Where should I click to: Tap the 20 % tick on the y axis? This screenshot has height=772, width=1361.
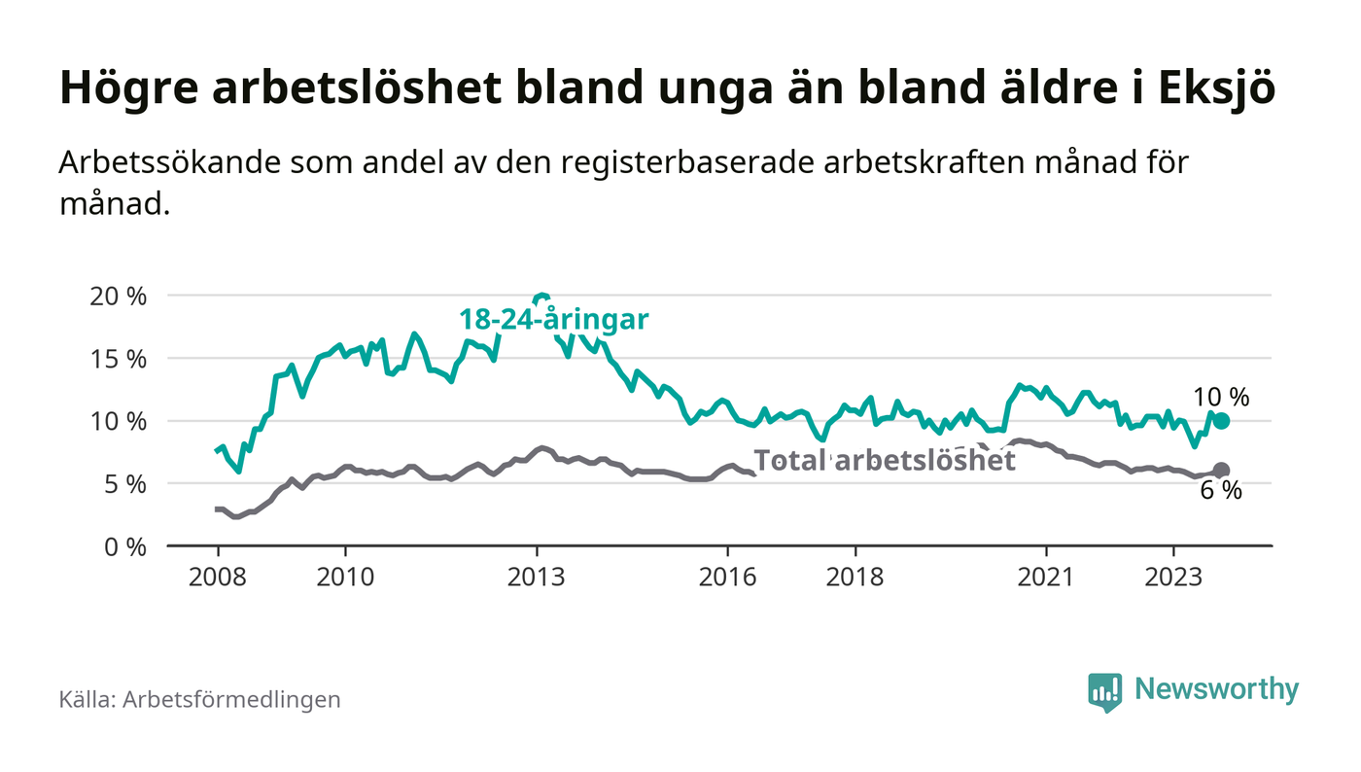tap(118, 296)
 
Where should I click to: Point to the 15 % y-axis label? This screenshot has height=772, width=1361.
tap(118, 359)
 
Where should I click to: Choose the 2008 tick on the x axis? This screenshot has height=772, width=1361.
tap(216, 577)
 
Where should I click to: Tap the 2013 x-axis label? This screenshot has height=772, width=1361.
tap(537, 577)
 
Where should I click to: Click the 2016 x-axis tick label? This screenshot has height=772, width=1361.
tap(727, 577)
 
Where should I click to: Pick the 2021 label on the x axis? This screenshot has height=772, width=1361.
tap(1046, 577)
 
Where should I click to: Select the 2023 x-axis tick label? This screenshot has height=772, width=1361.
tap(1173, 577)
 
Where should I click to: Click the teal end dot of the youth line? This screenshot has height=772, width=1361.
tap(1221, 421)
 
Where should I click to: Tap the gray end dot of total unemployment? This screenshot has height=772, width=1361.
tap(1221, 471)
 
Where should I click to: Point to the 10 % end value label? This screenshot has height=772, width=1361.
tap(1221, 397)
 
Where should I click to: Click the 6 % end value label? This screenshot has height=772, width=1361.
tap(1221, 492)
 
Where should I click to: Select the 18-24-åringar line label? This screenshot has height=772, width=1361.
tap(553, 319)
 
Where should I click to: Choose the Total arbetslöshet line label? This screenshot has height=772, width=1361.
tap(885, 460)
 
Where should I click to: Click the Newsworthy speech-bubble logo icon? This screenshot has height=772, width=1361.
tap(1104, 692)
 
